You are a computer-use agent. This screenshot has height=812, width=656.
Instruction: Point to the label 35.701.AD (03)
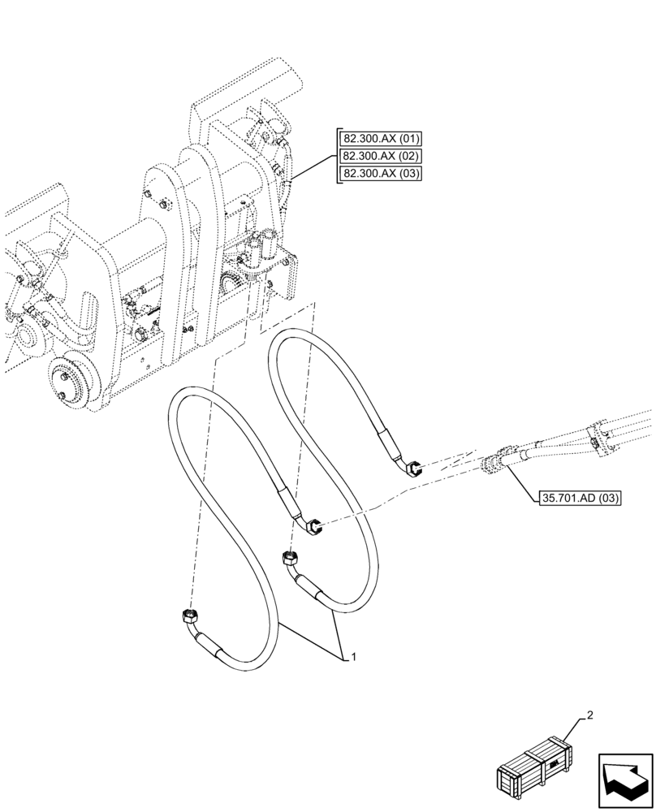[x=578, y=497]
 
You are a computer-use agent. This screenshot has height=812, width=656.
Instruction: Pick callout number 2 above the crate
[x=590, y=715]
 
